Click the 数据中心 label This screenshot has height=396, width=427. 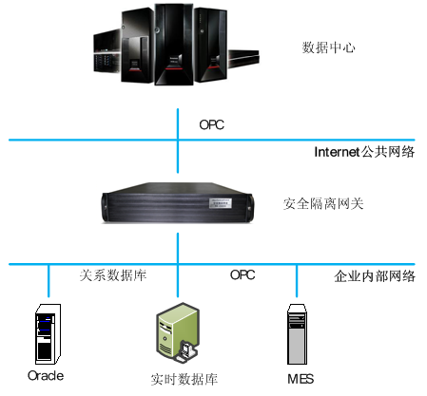(x=328, y=47)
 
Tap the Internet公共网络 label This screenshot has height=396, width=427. (x=364, y=152)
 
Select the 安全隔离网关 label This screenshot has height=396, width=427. (x=323, y=204)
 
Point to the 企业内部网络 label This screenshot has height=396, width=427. (x=375, y=276)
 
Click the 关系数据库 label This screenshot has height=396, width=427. (x=113, y=275)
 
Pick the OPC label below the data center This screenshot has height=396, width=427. (x=211, y=124)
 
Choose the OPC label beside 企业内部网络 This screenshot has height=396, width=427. (x=243, y=274)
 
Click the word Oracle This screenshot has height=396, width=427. (x=46, y=376)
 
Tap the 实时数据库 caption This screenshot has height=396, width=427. (x=184, y=379)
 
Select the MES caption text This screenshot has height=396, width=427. (x=301, y=379)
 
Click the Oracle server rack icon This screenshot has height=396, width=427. (x=48, y=334)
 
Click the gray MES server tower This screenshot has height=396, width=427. (x=297, y=334)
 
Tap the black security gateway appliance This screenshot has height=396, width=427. (x=178, y=203)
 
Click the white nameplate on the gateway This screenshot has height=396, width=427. (x=221, y=203)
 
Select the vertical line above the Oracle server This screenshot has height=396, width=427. (x=49, y=281)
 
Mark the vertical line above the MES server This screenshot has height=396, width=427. (x=297, y=281)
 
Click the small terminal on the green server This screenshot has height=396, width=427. (x=186, y=351)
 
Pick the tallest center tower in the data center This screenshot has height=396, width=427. (x=174, y=45)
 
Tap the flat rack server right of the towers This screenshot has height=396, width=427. (x=243, y=59)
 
